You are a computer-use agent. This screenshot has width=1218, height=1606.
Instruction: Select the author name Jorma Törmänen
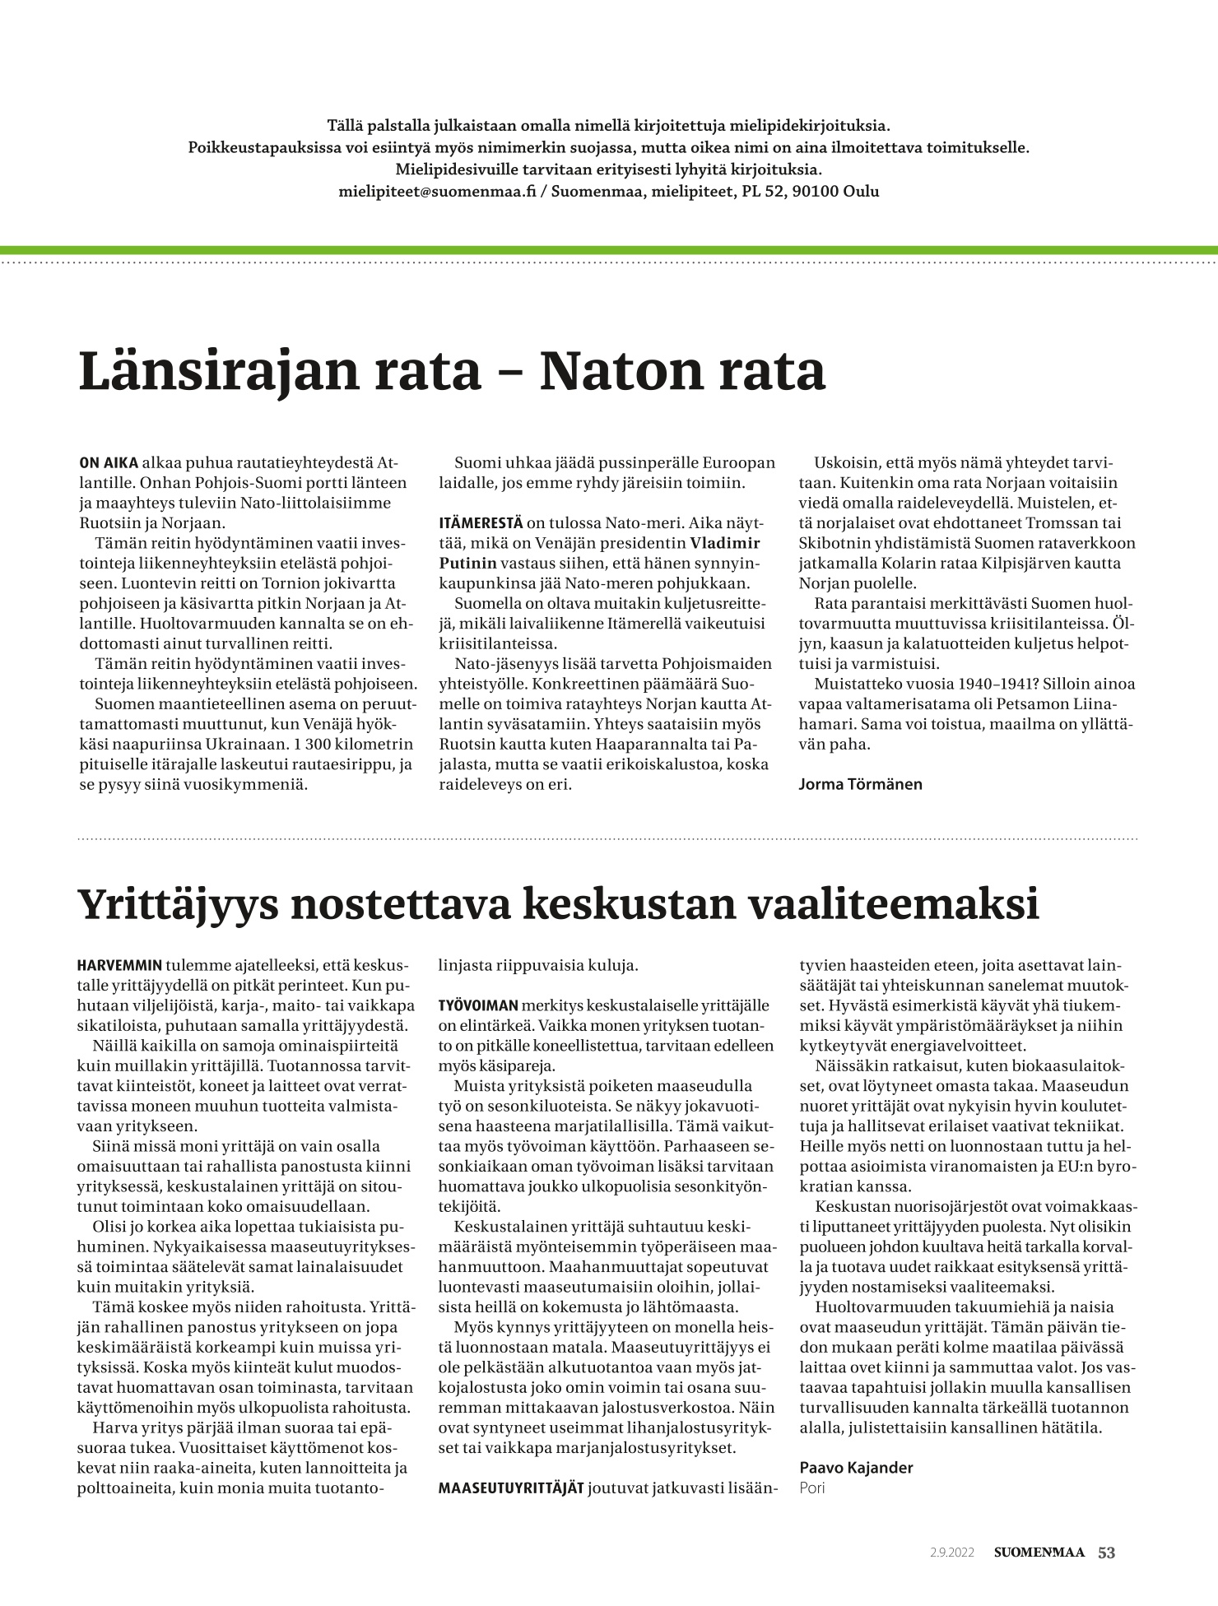[860, 784]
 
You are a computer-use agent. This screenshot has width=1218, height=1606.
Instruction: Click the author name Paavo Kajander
[856, 1468]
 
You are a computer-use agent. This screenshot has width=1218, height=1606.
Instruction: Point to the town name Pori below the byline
[811, 1488]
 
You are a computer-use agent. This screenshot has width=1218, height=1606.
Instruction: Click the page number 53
[1107, 1553]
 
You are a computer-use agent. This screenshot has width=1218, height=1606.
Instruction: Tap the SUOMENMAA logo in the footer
[1039, 1553]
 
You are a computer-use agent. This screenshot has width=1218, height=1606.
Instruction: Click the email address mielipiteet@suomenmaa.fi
[437, 192]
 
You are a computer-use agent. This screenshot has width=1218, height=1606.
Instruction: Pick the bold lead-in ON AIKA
[108, 462]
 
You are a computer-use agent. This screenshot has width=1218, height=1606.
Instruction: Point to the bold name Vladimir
[724, 543]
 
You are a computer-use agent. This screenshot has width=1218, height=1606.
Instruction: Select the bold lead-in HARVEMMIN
[120, 965]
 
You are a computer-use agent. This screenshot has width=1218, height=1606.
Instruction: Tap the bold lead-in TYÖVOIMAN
[477, 1005]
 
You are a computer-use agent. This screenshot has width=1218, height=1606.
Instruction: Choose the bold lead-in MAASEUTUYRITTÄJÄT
[510, 1488]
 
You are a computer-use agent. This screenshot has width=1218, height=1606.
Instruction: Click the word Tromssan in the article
[1030, 523]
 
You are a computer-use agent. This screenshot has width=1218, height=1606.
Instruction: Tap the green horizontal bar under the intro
[609, 250]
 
